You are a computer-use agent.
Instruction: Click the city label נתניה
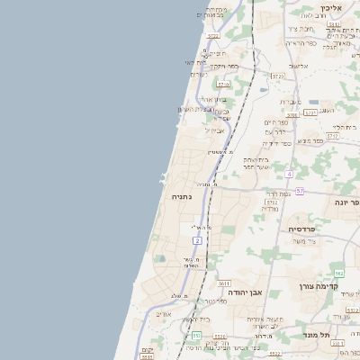176,195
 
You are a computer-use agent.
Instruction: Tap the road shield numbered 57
299,191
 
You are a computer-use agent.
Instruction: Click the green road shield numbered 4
289,173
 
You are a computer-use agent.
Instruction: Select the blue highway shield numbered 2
196,240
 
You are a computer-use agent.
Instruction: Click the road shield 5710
223,84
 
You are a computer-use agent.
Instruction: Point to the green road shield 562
338,273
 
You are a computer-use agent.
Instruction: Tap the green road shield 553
196,336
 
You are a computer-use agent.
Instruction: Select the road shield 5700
292,115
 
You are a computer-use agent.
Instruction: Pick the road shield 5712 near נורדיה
272,202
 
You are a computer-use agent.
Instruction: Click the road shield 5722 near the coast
212,37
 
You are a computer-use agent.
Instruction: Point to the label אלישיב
300,66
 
